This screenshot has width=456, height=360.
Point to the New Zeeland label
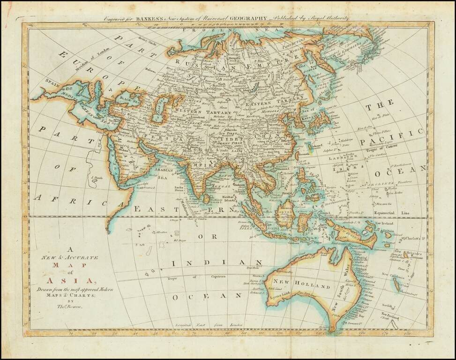(390, 314)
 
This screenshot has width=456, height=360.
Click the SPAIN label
(38, 81)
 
